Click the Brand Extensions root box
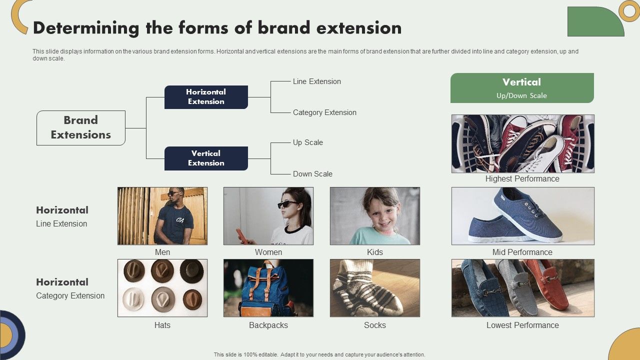80,128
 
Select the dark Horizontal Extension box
206,97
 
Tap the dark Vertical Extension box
206,158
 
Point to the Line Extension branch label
317,81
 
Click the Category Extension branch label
324,112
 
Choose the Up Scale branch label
308,142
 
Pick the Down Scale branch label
312,174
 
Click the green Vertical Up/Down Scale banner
522,88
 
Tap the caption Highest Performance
522,179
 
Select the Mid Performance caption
522,252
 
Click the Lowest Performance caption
522,325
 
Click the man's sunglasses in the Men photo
174,193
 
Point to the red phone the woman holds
240,235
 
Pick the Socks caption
375,325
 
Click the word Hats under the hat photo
162,325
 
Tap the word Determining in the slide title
86,28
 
